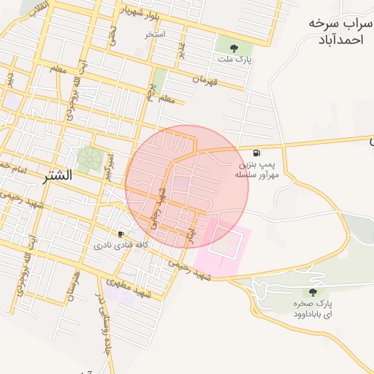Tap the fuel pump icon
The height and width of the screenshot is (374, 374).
(x=256, y=153)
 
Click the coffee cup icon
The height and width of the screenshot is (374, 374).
(x=121, y=234)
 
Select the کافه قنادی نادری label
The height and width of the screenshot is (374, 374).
(x=121, y=246)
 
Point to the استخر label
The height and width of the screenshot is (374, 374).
(x=155, y=34)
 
